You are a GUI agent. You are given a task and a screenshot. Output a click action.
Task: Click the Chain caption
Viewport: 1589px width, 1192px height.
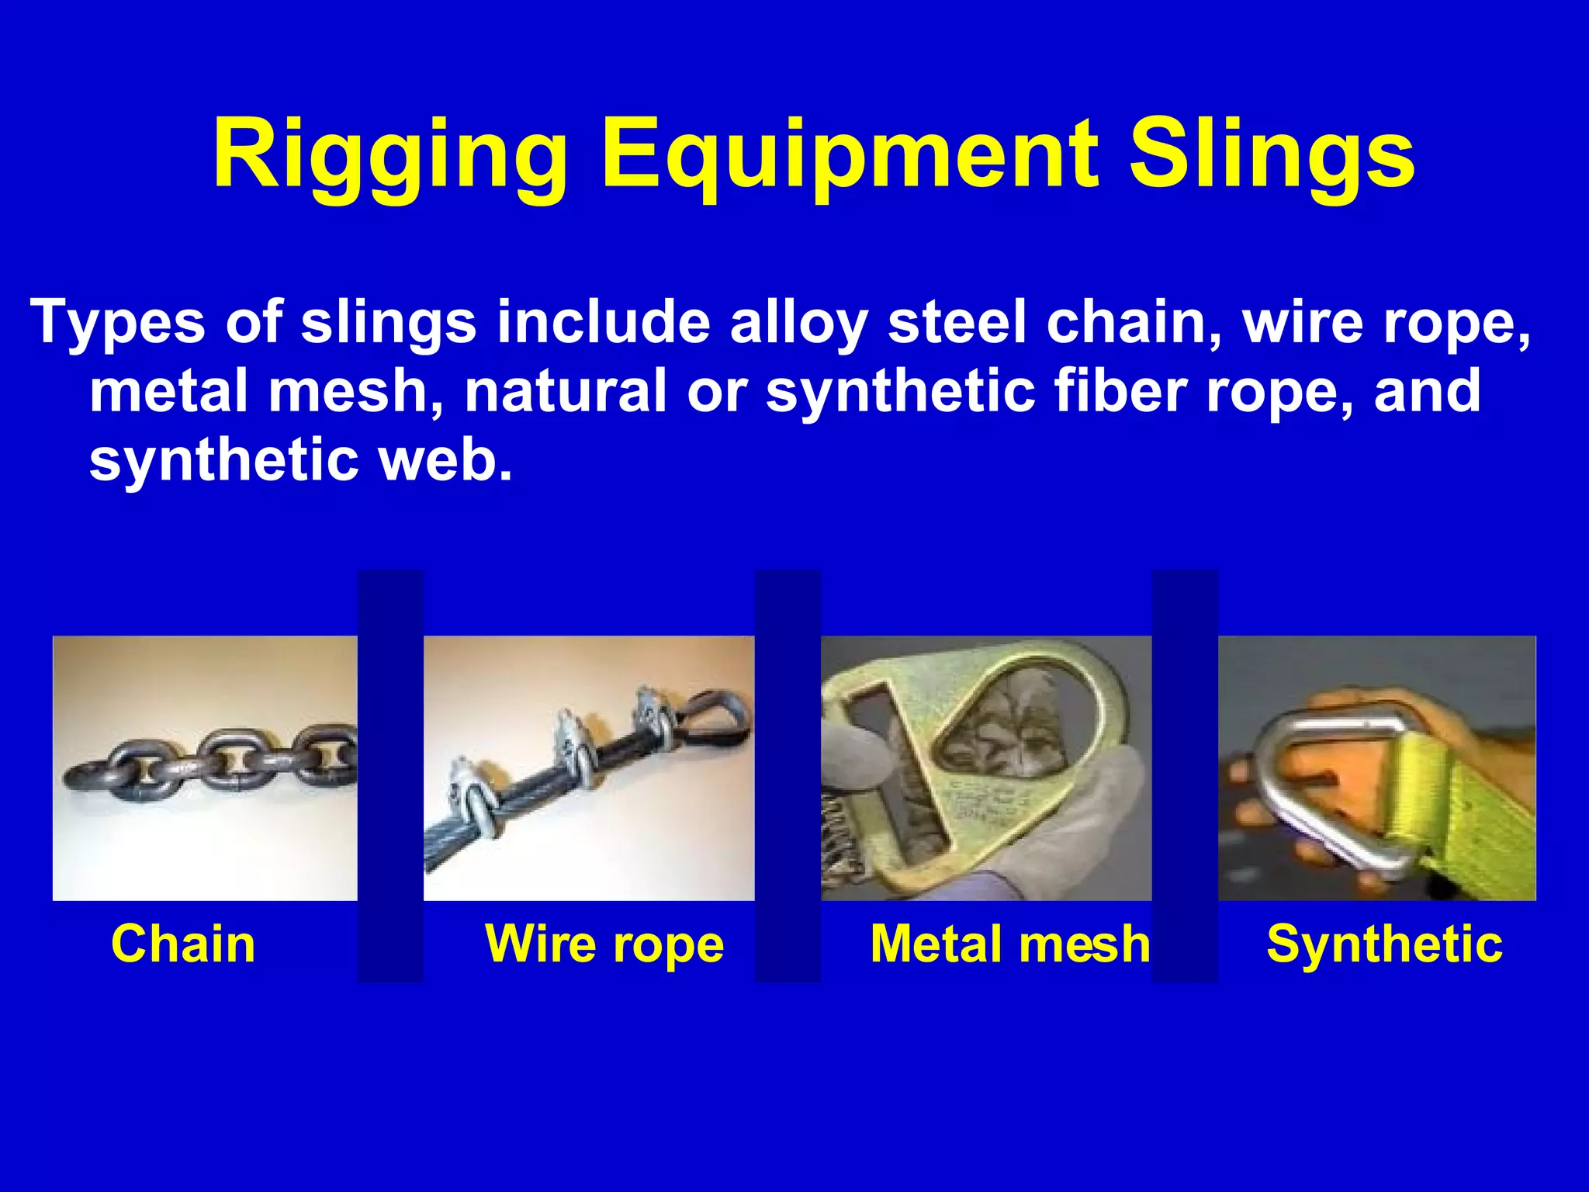[183, 944]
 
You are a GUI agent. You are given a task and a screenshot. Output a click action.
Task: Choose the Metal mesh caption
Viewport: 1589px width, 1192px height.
[1009, 944]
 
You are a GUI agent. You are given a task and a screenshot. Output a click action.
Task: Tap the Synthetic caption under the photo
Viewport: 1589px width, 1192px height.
[1384, 944]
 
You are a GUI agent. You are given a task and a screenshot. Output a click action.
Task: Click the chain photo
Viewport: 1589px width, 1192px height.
[205, 768]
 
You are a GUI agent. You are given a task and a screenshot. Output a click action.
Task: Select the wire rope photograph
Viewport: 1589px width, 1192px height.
[589, 768]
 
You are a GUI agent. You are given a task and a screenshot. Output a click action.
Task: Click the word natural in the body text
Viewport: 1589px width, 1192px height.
[566, 390]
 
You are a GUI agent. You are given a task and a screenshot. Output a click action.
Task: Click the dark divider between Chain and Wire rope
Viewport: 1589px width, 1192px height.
[390, 776]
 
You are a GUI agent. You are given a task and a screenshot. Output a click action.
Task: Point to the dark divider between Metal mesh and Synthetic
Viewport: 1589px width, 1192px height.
[1185, 776]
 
